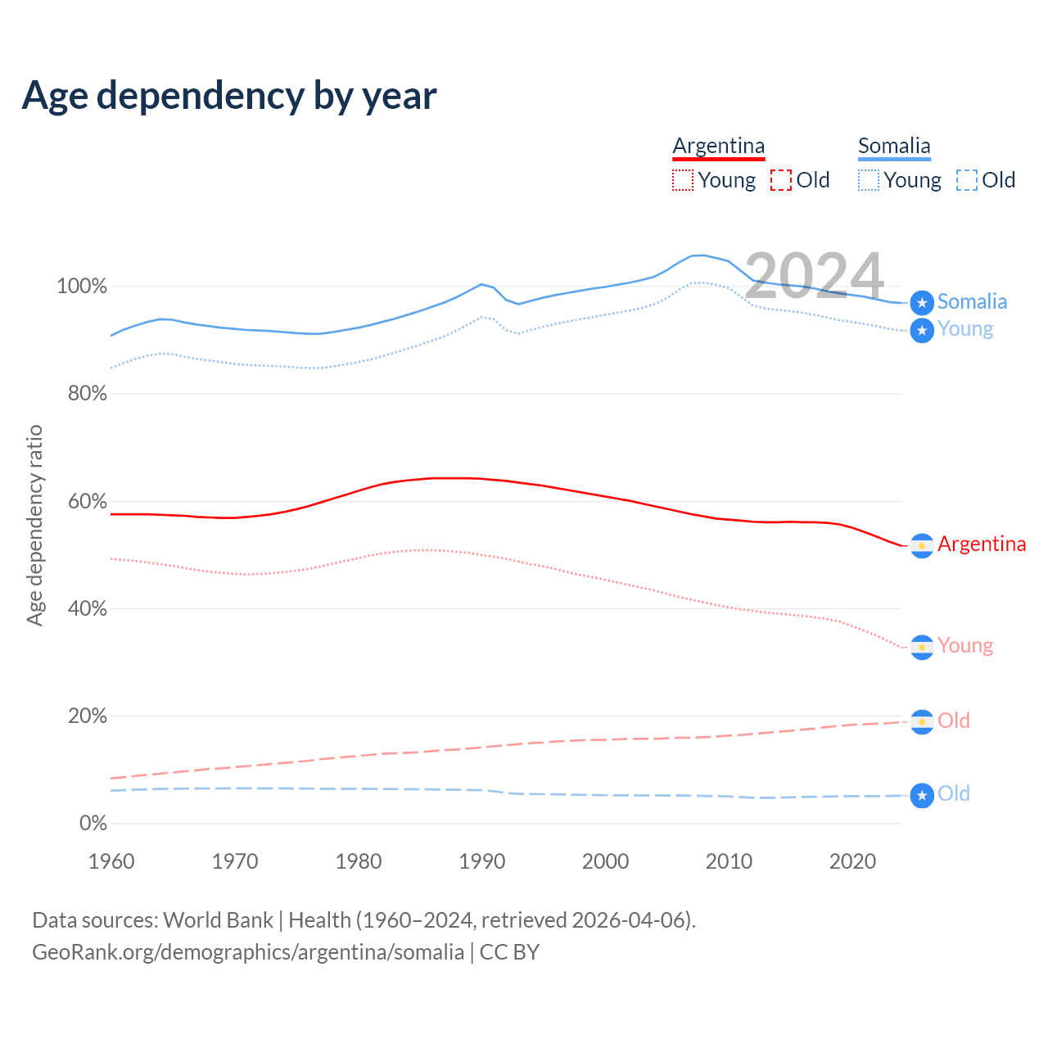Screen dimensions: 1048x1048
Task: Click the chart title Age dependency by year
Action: pos(229,95)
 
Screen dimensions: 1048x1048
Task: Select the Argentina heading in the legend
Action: pos(718,146)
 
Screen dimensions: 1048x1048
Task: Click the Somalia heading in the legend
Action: pos(894,146)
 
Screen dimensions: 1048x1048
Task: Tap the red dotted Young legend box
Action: pos(683,180)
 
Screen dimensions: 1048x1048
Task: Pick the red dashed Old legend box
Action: pos(781,180)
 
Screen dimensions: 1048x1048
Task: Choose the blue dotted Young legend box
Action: pos(869,180)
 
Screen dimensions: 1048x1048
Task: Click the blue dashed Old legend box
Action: pos(967,180)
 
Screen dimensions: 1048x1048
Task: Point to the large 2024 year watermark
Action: pos(814,276)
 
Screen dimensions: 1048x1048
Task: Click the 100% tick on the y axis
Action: pos(82,287)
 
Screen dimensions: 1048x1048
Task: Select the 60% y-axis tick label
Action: pos(87,501)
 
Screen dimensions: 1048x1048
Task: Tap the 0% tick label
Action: pos(93,824)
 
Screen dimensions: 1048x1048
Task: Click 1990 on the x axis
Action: pos(482,861)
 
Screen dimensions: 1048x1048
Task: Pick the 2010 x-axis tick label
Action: pos(730,861)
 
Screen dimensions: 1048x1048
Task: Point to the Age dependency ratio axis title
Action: pos(34,525)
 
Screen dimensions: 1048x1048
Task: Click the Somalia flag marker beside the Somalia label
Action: pos(922,303)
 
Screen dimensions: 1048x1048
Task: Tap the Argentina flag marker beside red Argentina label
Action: pos(922,545)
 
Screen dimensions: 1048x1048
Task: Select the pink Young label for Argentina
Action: pos(965,645)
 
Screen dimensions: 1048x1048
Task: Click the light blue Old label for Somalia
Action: pos(954,793)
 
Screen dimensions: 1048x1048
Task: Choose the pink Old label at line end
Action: pos(954,720)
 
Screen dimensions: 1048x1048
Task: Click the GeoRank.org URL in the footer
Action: pos(247,952)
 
